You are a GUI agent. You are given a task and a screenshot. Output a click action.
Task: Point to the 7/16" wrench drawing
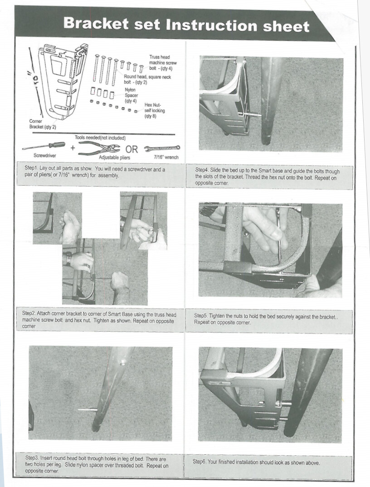tap(161, 148)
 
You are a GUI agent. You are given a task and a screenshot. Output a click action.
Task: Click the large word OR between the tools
tap(132, 149)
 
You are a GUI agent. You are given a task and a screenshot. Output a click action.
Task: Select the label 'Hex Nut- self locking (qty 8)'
tap(154, 111)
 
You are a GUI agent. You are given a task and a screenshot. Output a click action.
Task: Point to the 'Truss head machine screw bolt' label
tap(161, 63)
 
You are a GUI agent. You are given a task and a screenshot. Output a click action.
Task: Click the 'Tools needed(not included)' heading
tap(100, 138)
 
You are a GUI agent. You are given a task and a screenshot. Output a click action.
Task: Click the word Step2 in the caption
tap(30, 314)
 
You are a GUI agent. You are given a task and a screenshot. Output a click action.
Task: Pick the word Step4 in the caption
tap(203, 171)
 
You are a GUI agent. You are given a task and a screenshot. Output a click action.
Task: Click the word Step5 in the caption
tap(202, 316)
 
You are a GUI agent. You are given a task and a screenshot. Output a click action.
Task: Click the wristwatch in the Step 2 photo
tap(68, 258)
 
